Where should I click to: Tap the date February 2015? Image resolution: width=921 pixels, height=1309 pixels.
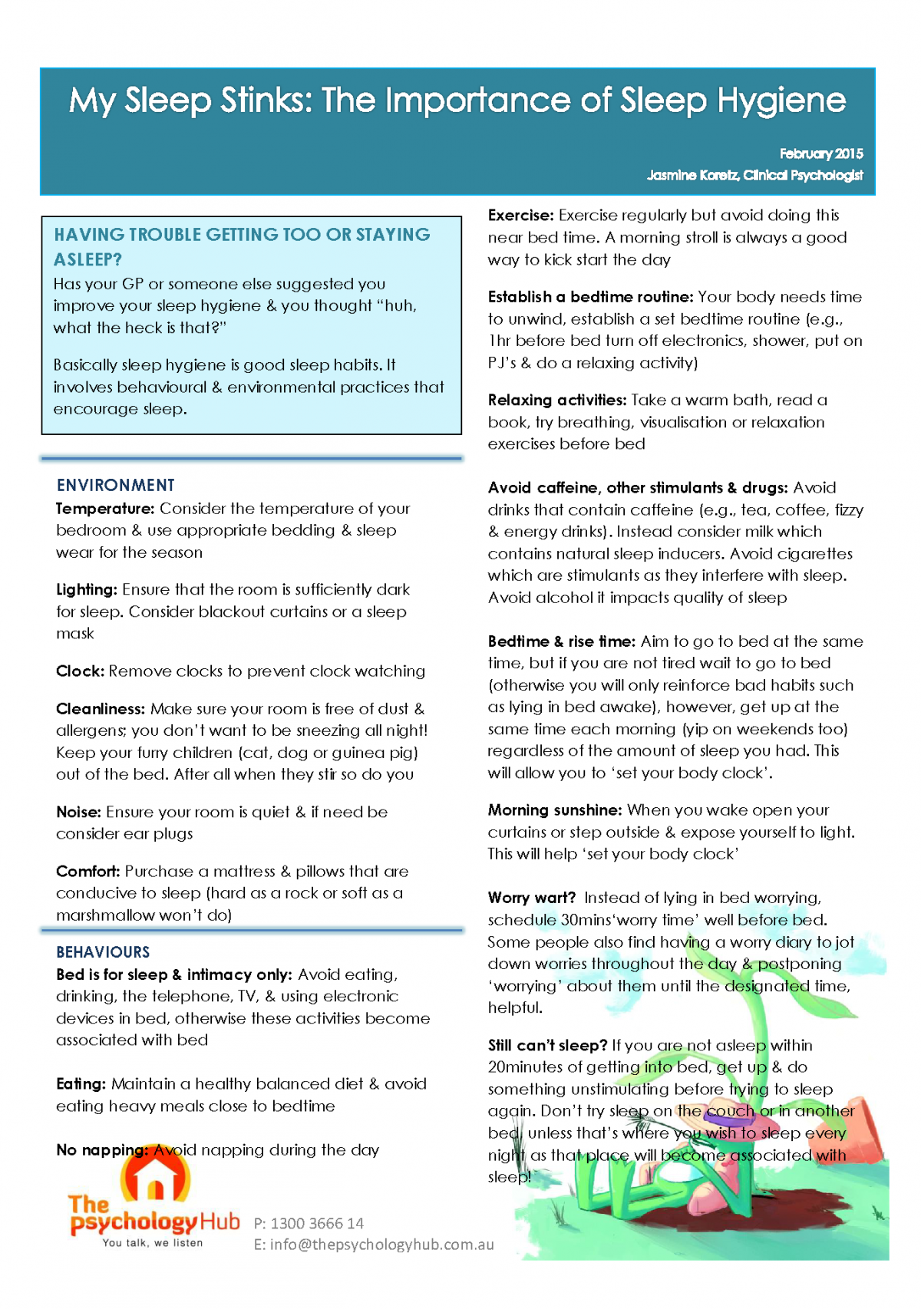tap(821, 153)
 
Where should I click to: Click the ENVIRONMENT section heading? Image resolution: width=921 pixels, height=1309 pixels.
tap(116, 485)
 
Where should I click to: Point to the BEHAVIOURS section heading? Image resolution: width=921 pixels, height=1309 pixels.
tap(103, 952)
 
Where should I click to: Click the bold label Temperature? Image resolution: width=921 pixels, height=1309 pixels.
tap(105, 509)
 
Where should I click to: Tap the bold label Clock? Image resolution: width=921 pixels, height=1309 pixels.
tap(80, 671)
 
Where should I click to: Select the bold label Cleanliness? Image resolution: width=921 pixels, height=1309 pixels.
tap(100, 709)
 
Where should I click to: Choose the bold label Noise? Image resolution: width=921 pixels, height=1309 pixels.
tap(78, 812)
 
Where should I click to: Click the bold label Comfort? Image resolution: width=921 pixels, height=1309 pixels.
tap(87, 872)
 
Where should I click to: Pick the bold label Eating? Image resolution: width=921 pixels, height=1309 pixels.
tap(81, 1084)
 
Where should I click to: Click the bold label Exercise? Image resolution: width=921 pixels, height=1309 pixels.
tap(520, 216)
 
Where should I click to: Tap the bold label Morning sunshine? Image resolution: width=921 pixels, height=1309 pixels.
tap(554, 810)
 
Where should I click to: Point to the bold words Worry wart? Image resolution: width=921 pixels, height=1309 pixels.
tap(531, 898)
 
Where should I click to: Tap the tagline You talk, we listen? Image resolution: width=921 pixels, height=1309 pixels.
tap(153, 1243)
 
